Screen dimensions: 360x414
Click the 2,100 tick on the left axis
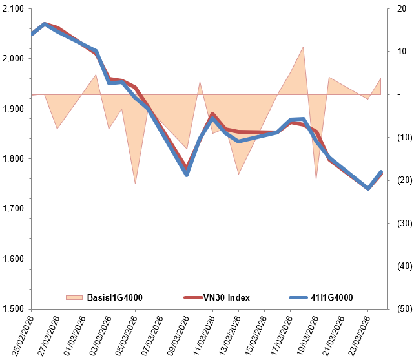(13, 8)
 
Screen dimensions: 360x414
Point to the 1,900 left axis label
(13, 109)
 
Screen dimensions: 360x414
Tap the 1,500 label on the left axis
(13, 308)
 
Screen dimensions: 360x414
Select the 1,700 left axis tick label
(13, 209)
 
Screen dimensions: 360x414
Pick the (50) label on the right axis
(401, 308)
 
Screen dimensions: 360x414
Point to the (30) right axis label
(401, 223)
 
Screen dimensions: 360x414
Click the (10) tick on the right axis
(401, 137)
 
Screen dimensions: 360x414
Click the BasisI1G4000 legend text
(114, 297)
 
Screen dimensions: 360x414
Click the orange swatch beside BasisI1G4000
(74, 297)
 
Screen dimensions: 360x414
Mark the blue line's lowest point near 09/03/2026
(187, 175)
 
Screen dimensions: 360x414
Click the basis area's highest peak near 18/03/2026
(304, 47)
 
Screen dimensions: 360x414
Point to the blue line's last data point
(381, 172)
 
